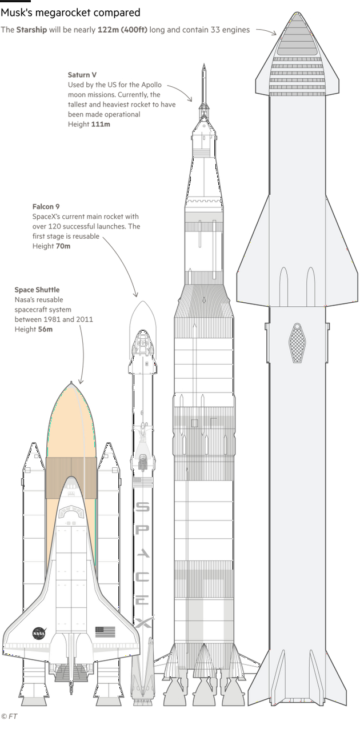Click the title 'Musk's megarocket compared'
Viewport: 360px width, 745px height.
pyautogui.click(x=70, y=13)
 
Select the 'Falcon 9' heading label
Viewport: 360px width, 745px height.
pyautogui.click(x=46, y=207)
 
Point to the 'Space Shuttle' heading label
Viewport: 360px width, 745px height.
pyautogui.click(x=37, y=290)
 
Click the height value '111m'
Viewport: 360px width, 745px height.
pyautogui.click(x=101, y=124)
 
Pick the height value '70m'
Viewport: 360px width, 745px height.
pyautogui.click(x=63, y=246)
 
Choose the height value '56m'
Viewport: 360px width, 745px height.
pyautogui.click(x=45, y=329)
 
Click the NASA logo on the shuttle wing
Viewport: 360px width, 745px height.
pyautogui.click(x=39, y=633)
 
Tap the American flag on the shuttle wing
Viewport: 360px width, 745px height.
pyautogui.click(x=105, y=631)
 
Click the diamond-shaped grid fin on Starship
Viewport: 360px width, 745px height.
pyautogui.click(x=297, y=343)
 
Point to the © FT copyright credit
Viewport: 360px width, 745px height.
pyautogui.click(x=9, y=716)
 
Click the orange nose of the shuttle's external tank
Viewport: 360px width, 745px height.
pyautogui.click(x=70, y=420)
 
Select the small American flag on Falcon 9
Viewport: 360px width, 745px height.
pyautogui.click(x=142, y=482)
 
